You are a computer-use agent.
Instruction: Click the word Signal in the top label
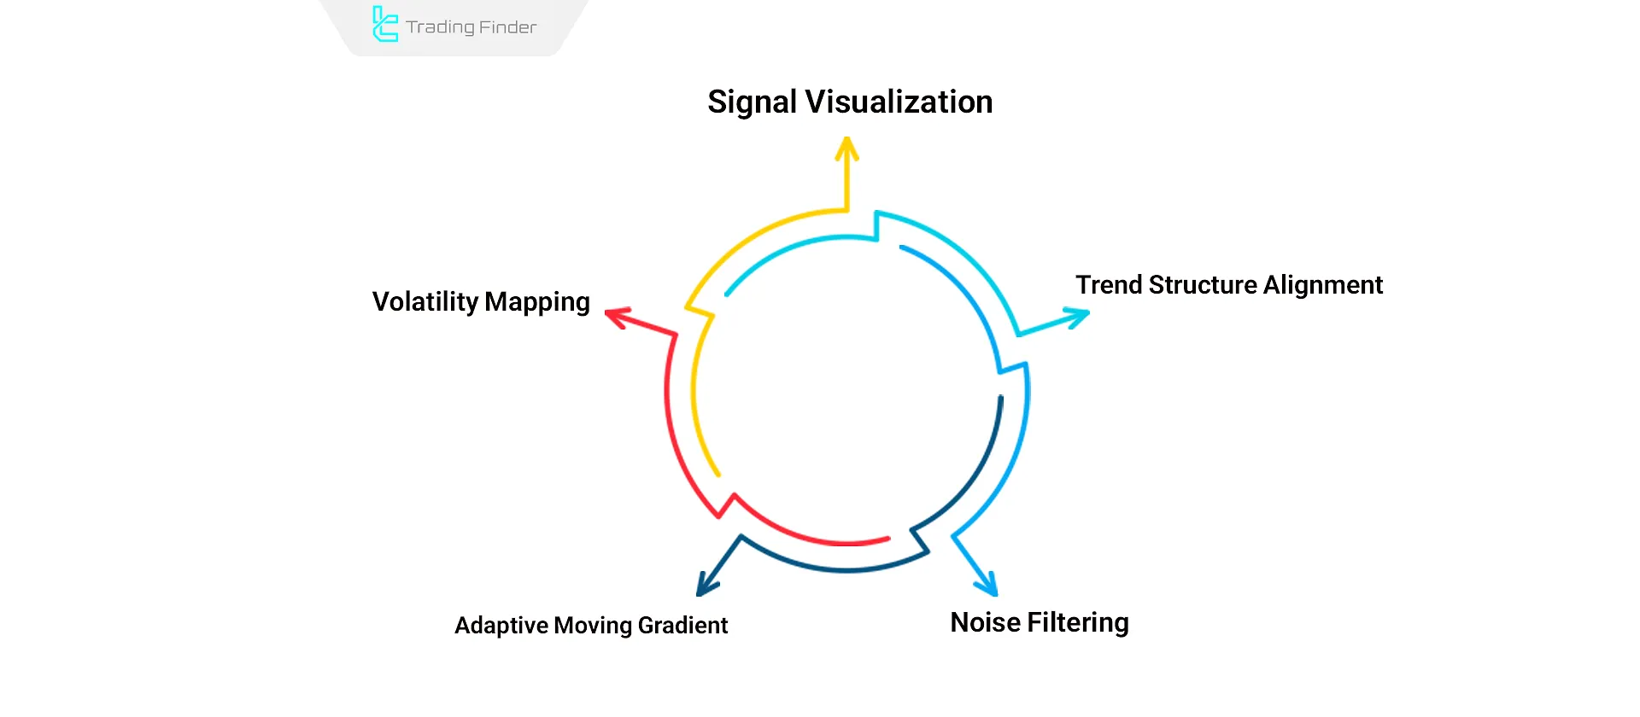[x=752, y=102]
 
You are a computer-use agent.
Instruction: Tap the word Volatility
[x=425, y=301]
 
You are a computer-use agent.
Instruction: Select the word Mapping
[x=537, y=303]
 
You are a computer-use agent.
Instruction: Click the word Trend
[x=1108, y=285]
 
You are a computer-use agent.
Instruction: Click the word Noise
[x=985, y=622]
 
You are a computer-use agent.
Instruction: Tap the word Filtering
[x=1078, y=623]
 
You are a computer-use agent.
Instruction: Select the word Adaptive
[x=501, y=626]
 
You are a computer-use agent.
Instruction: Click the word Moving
[x=593, y=626]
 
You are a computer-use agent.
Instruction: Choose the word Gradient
[x=682, y=626]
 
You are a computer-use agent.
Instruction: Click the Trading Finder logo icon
[x=385, y=25]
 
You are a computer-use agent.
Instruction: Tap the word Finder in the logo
[x=507, y=27]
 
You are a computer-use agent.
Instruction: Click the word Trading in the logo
[x=440, y=27]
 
